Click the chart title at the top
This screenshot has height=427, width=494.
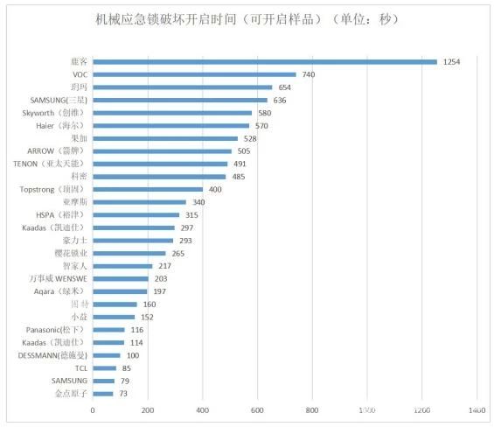click(x=247, y=19)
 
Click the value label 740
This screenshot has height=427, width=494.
click(x=308, y=74)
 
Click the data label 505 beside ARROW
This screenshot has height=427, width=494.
click(x=244, y=150)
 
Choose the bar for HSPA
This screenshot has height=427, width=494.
click(x=136, y=214)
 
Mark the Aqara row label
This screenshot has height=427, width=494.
click(x=64, y=290)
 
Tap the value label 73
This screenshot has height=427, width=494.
click(x=123, y=393)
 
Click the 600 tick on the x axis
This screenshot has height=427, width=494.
click(x=257, y=409)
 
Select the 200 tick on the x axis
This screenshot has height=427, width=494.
click(x=148, y=409)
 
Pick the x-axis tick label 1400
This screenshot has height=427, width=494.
click(x=476, y=409)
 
